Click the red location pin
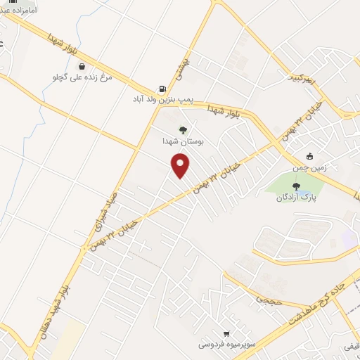pos(181,166)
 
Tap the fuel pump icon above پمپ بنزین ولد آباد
pos(163,89)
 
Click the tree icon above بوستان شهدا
pos(183,130)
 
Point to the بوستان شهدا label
pos(182,141)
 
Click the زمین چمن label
pos(309,169)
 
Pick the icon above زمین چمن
pos(310,157)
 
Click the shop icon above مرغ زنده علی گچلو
pos(83,66)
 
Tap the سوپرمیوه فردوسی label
pos(225,345)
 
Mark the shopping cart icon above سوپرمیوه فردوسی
pos(226,333)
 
